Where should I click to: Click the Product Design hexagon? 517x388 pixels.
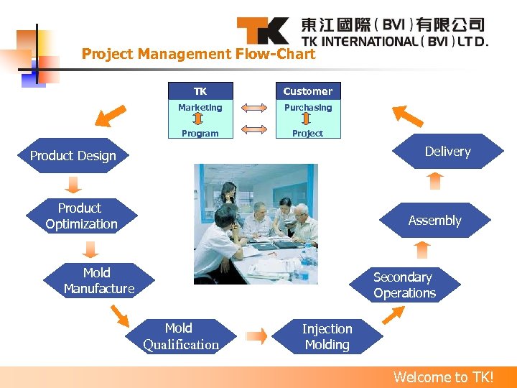point(73,156)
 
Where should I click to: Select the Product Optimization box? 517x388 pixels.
point(81,216)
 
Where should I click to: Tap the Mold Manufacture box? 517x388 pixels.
point(98,281)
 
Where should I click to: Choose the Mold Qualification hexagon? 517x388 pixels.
point(181,336)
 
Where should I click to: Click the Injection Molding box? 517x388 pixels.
point(327,336)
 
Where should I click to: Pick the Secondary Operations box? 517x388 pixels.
point(404,285)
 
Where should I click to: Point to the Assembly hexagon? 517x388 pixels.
point(434,221)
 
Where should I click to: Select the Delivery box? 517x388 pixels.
point(447,152)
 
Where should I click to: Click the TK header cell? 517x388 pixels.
point(200,91)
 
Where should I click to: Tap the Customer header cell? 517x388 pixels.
point(308,91)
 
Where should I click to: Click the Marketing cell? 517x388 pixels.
point(200,108)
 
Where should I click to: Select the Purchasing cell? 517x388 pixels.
point(308,108)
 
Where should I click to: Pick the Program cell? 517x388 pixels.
point(200,133)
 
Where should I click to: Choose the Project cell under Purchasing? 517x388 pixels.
point(308,133)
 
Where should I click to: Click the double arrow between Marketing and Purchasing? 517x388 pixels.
point(253,108)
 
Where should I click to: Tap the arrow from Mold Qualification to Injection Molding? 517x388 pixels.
point(256,336)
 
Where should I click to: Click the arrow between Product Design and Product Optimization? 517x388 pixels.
point(73,185)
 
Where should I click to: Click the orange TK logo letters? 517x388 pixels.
point(263,31)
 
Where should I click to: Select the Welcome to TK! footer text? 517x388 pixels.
point(443,377)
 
